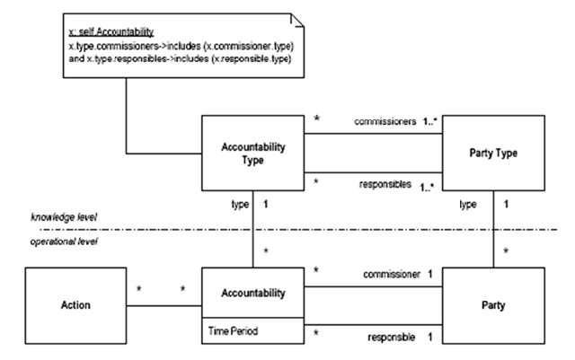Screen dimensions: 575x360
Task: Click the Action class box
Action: pyautogui.click(x=75, y=305)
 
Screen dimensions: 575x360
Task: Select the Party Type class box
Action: pyautogui.click(x=493, y=153)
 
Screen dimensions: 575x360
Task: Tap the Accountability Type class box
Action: pyautogui.click(x=252, y=153)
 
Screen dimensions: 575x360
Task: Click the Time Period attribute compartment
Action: pyautogui.click(x=252, y=330)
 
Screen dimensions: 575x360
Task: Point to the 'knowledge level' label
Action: pyautogui.click(x=64, y=217)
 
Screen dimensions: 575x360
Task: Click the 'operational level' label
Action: pyautogui.click(x=64, y=241)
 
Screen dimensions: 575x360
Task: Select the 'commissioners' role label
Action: pyautogui.click(x=385, y=121)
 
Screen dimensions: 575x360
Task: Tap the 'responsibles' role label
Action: pyautogui.click(x=385, y=184)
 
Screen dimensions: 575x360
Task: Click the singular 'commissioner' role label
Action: pyautogui.click(x=392, y=274)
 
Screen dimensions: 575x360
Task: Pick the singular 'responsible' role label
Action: pyautogui.click(x=392, y=337)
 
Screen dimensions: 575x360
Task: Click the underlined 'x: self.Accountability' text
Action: pyautogui.click(x=111, y=32)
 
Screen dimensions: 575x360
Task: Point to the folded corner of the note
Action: pyautogui.click(x=297, y=20)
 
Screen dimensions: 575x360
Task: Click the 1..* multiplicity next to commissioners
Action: pyautogui.click(x=429, y=121)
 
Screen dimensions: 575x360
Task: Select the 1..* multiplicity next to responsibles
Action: pyautogui.click(x=428, y=188)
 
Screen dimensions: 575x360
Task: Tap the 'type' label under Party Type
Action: pyautogui.click(x=468, y=204)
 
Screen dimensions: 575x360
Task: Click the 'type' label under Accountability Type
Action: pyautogui.click(x=240, y=204)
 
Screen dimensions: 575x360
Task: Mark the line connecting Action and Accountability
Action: pyautogui.click(x=164, y=306)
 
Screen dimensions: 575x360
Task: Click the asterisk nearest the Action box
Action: pyautogui.click(x=139, y=289)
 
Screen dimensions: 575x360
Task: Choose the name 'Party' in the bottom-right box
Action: pyautogui.click(x=493, y=305)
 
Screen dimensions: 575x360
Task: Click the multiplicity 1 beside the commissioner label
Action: pyautogui.click(x=430, y=274)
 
